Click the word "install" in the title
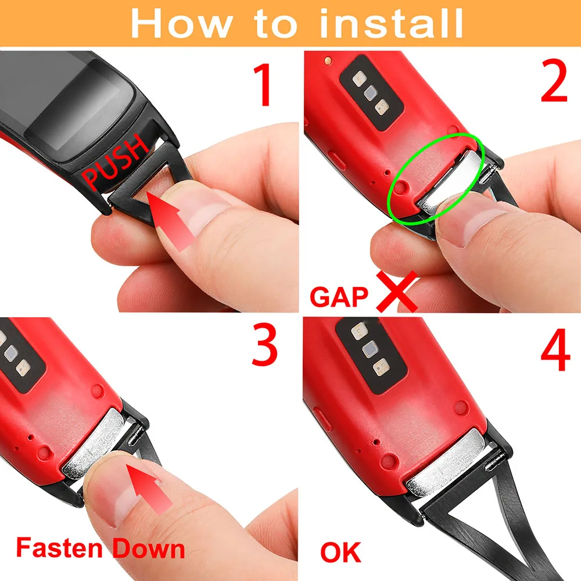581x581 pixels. click(x=391, y=23)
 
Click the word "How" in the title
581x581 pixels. click(x=181, y=24)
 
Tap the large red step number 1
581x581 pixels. click(x=263, y=85)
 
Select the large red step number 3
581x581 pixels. click(x=264, y=345)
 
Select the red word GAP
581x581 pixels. click(x=339, y=297)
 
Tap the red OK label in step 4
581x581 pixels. click(x=340, y=553)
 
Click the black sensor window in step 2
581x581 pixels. click(x=371, y=92)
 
